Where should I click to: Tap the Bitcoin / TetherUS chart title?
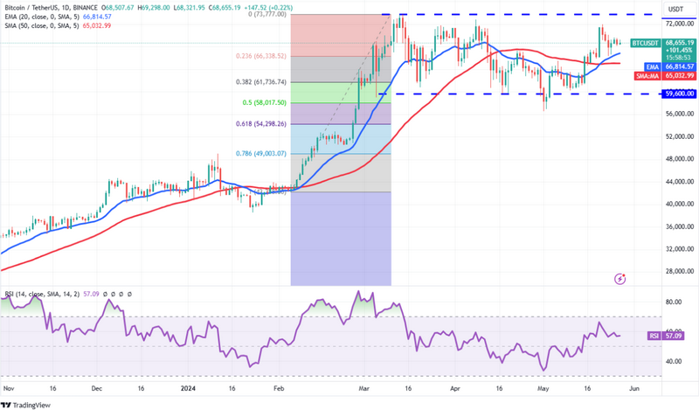[x=39, y=8]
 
